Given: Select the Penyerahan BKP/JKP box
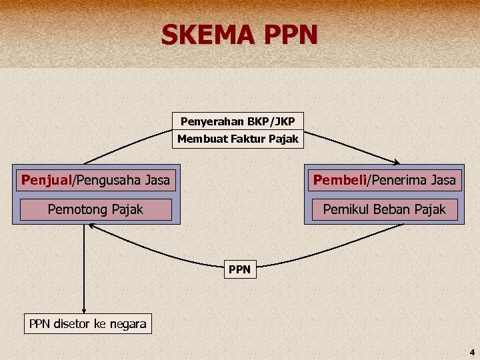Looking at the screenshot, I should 238,121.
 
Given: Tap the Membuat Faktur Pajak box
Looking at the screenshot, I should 238,139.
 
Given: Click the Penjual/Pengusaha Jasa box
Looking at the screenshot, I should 96,179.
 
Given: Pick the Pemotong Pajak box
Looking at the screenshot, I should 96,209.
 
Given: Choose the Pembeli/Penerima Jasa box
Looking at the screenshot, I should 385,179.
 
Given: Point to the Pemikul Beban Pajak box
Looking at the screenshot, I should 385,209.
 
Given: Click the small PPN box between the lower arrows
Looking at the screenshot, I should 239,269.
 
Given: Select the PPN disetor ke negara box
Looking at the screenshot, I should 87,324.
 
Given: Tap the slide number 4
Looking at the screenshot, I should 471,351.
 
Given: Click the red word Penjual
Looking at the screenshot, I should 46,179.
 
